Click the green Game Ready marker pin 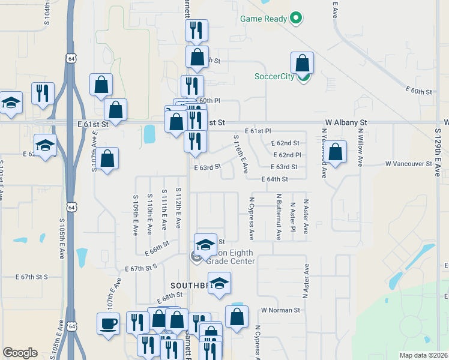click(x=295, y=19)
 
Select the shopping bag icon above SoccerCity click(x=303, y=63)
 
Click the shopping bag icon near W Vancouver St click(x=337, y=152)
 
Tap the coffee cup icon click(x=109, y=323)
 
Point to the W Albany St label click(x=345, y=122)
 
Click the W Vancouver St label click(x=408, y=163)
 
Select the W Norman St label click(x=280, y=310)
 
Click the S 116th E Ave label click(x=241, y=154)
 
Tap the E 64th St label click(x=275, y=179)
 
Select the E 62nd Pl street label click(x=286, y=155)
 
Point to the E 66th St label click(x=156, y=246)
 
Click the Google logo click(x=20, y=353)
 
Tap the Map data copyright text click(x=423, y=355)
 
